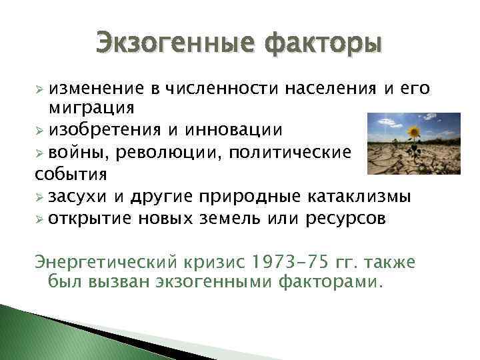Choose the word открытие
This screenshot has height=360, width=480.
[x=89, y=219]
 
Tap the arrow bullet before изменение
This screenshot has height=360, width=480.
[x=40, y=89]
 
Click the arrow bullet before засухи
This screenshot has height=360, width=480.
[x=40, y=198]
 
